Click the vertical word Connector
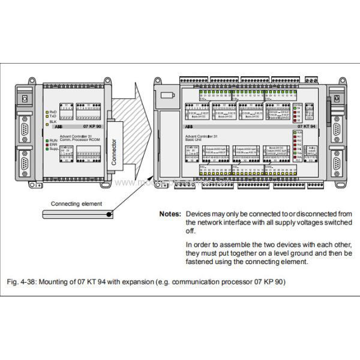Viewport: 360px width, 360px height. (115, 146)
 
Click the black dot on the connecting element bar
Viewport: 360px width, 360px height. (108, 214)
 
